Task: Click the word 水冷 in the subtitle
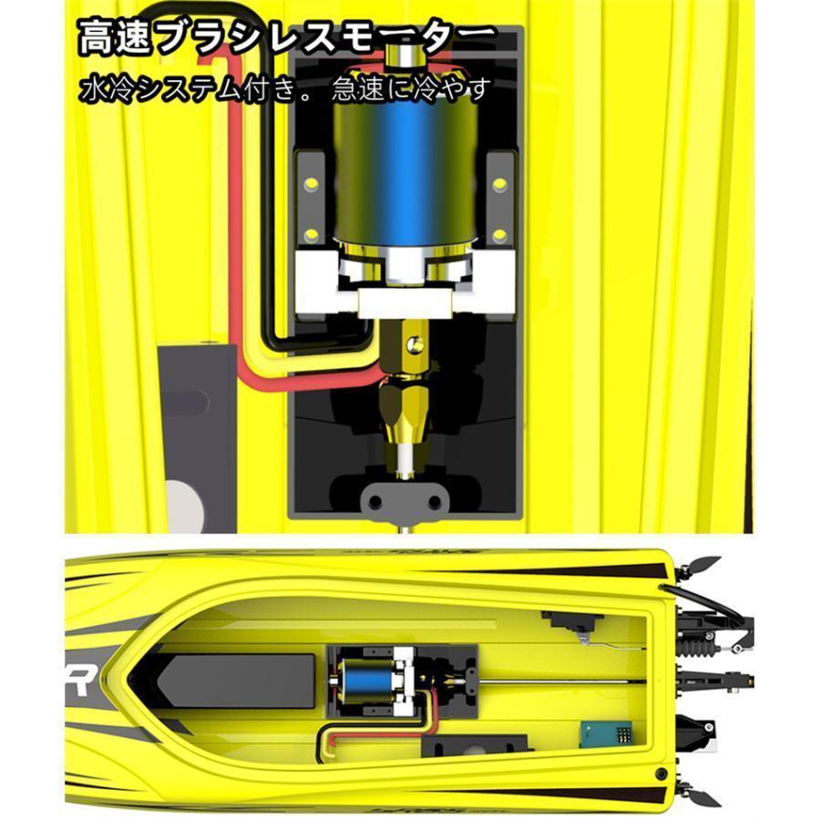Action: click(102, 88)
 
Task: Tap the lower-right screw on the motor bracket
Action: click(499, 234)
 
